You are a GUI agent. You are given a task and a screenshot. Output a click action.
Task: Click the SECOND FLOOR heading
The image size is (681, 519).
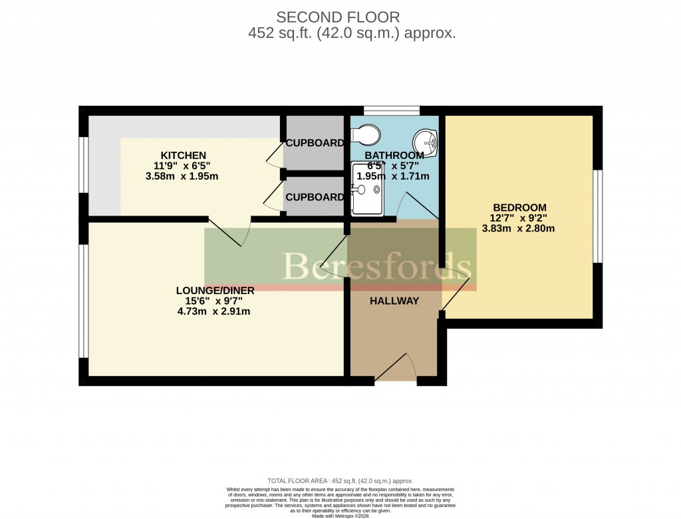(x=338, y=17)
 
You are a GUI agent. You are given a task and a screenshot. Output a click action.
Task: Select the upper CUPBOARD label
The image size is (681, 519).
(x=315, y=143)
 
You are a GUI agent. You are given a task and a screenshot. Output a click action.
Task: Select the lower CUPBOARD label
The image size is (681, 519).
(x=315, y=197)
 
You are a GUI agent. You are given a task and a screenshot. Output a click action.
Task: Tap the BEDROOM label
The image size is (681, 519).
(x=519, y=207)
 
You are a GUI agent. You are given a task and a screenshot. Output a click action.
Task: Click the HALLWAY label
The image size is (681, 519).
(x=394, y=301)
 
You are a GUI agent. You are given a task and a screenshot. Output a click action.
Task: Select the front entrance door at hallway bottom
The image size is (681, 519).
(x=396, y=369)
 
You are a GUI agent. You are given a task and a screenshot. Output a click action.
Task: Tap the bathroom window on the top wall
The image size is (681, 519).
(x=391, y=110)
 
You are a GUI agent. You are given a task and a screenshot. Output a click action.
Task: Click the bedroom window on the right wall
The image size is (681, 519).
(x=598, y=216)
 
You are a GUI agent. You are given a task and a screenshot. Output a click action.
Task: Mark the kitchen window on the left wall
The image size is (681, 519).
(x=84, y=173)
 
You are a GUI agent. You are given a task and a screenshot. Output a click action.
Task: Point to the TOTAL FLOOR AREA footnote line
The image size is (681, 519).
(x=340, y=480)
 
